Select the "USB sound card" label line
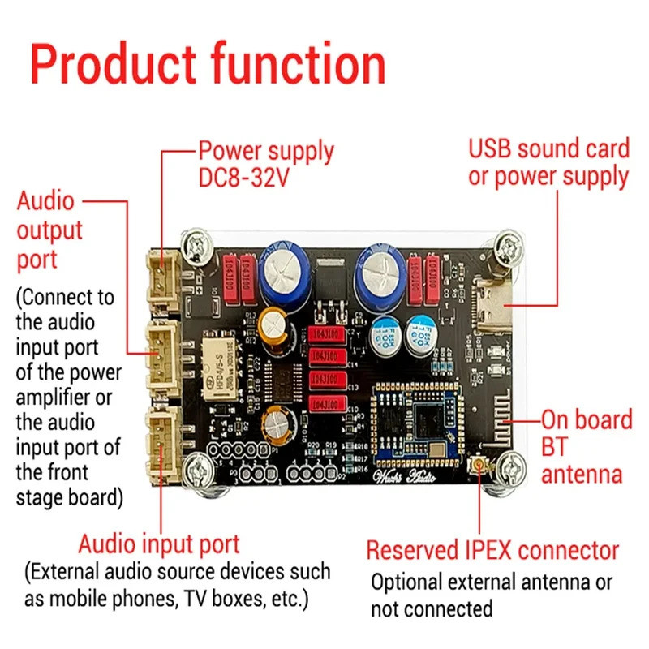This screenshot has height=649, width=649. click(x=548, y=149)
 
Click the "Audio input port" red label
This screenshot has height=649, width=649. click(x=159, y=544)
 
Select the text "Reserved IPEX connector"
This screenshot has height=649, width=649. click(x=492, y=550)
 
